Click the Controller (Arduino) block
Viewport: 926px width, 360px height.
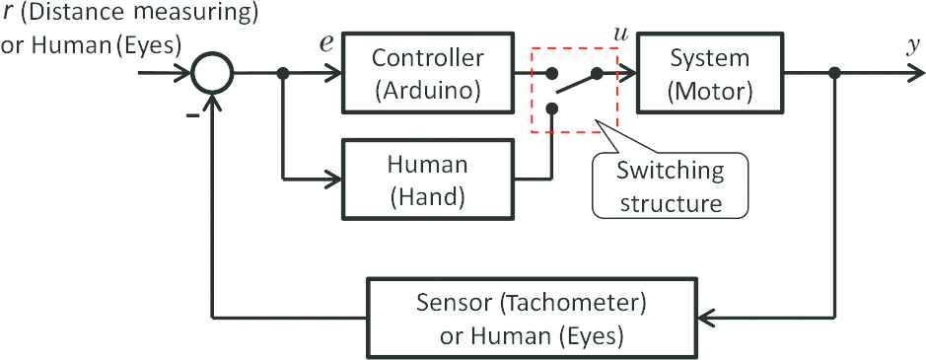pyautogui.click(x=428, y=73)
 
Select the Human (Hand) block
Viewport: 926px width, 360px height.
pyautogui.click(x=428, y=179)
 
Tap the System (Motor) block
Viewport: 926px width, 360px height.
pyautogui.click(x=710, y=73)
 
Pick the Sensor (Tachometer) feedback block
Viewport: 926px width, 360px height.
pyautogui.click(x=531, y=318)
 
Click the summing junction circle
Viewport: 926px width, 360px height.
pyautogui.click(x=212, y=73)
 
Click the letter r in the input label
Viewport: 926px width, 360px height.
pyautogui.click(x=8, y=14)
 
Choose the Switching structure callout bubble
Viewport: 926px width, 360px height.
pyautogui.click(x=670, y=178)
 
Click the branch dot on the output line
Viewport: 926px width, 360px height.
pyautogui.click(x=834, y=73)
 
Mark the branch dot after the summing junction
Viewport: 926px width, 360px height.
pyautogui.click(x=283, y=73)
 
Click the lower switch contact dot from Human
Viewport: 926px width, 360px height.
pyautogui.click(x=551, y=108)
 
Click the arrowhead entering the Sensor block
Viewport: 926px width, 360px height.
pyautogui.click(x=704, y=318)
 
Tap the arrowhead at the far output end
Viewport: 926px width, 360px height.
pyautogui.click(x=916, y=73)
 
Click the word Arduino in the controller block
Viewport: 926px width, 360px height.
pyautogui.click(x=428, y=91)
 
